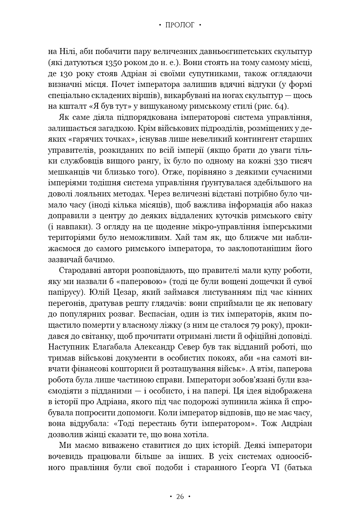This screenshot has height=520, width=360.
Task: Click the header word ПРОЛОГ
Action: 180,25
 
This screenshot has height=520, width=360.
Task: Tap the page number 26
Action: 180,496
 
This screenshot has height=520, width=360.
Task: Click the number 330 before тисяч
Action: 283,161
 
